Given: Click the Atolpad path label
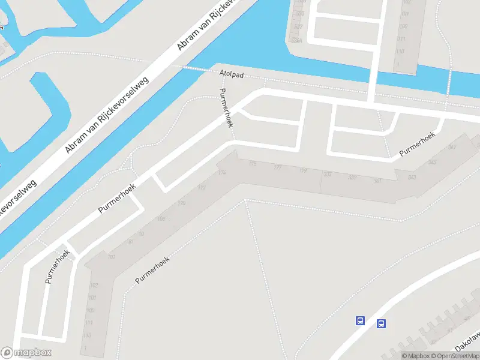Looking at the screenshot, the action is coord(231,73).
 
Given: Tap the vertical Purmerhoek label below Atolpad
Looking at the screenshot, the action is coord(226,108).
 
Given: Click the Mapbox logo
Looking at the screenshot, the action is coord(26,353).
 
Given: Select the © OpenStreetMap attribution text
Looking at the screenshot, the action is coord(454,356).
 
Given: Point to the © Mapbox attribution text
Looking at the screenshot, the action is coord(415,356).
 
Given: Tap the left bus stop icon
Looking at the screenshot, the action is coord(360,320).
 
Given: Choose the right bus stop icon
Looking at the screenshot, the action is coord(381,324).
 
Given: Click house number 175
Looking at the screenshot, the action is coord(252,164).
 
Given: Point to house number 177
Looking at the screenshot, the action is coord(277,167).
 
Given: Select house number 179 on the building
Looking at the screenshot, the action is coord(303,171).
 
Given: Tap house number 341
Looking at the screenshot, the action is coord(377,180).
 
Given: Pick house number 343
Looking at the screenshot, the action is coord(412,178).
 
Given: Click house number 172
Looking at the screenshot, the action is coord(202,188).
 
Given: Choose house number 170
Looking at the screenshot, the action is coord(181,204).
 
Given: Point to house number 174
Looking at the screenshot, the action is coord(223,173).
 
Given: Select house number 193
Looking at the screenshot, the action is coord(112,257).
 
